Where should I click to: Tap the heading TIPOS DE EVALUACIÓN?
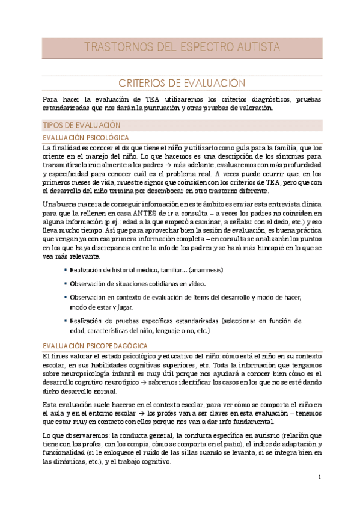pos(79,124)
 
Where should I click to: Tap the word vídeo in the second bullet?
pos(197,284)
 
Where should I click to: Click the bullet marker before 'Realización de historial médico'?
pos(65,271)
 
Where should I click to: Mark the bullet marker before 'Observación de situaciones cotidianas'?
pos(65,284)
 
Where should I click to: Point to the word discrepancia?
pos(117,247)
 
